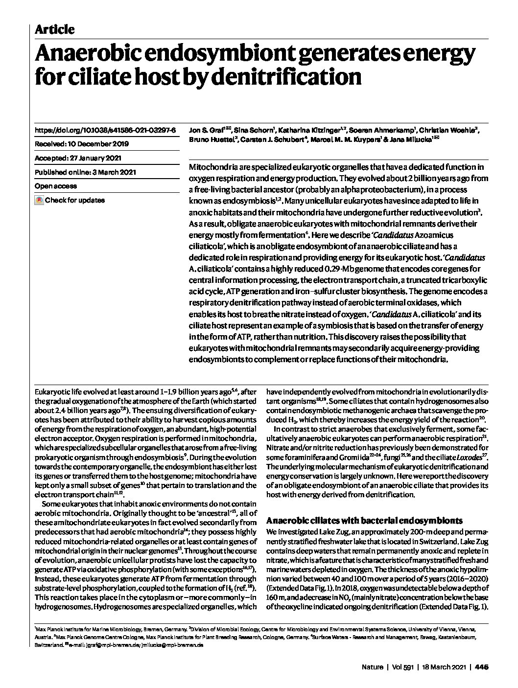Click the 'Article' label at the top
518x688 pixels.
pos(54,29)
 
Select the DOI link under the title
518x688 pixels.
pos(105,131)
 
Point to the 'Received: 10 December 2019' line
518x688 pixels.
pos(82,144)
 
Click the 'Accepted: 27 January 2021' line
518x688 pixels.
pos(78,158)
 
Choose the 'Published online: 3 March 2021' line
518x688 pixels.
pos(85,172)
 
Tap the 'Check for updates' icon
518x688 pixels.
pos(39,200)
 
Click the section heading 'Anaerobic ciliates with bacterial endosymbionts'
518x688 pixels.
pos(364,520)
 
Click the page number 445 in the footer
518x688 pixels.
pos(482,666)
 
